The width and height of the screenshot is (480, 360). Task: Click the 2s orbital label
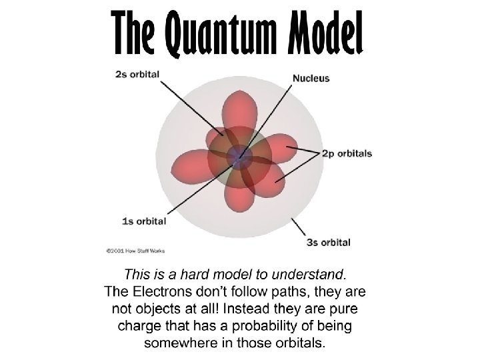coord(137,74)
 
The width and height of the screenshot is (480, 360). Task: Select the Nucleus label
coord(311,78)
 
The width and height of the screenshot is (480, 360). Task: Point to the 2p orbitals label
coord(347,153)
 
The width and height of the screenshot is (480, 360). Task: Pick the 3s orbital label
coord(328,242)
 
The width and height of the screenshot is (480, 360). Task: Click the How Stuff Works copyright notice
coord(135,251)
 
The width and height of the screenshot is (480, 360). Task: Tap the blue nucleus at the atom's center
coord(239,157)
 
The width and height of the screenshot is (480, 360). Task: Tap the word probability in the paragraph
coord(271,327)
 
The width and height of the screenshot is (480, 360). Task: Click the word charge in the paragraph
coord(138,327)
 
